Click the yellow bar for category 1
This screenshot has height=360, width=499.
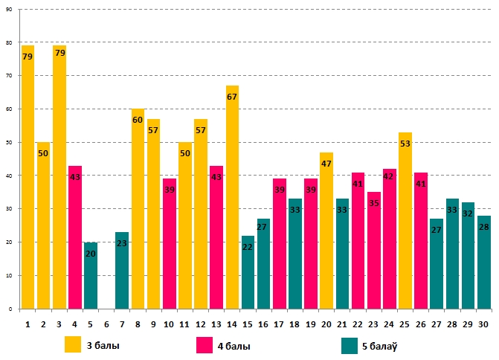pyautogui.click(x=28, y=179)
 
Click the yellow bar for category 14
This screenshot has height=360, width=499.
pyautogui.click(x=232, y=197)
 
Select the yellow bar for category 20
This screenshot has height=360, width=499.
pyautogui.click(x=326, y=231)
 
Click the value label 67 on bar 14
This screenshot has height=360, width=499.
pyautogui.click(x=232, y=97)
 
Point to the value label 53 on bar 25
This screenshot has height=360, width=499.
pyautogui.click(x=405, y=144)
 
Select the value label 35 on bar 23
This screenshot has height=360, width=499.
pyautogui.click(x=373, y=203)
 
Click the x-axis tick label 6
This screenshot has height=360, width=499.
pyautogui.click(x=106, y=324)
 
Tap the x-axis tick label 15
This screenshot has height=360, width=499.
pyautogui.click(x=248, y=324)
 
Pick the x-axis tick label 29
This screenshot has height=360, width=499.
pyautogui.click(x=468, y=324)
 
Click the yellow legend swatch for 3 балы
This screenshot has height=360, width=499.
pyautogui.click(x=73, y=345)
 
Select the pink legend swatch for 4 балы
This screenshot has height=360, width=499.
pyautogui.click(x=205, y=345)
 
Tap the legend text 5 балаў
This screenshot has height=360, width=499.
pyautogui.click(x=382, y=346)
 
